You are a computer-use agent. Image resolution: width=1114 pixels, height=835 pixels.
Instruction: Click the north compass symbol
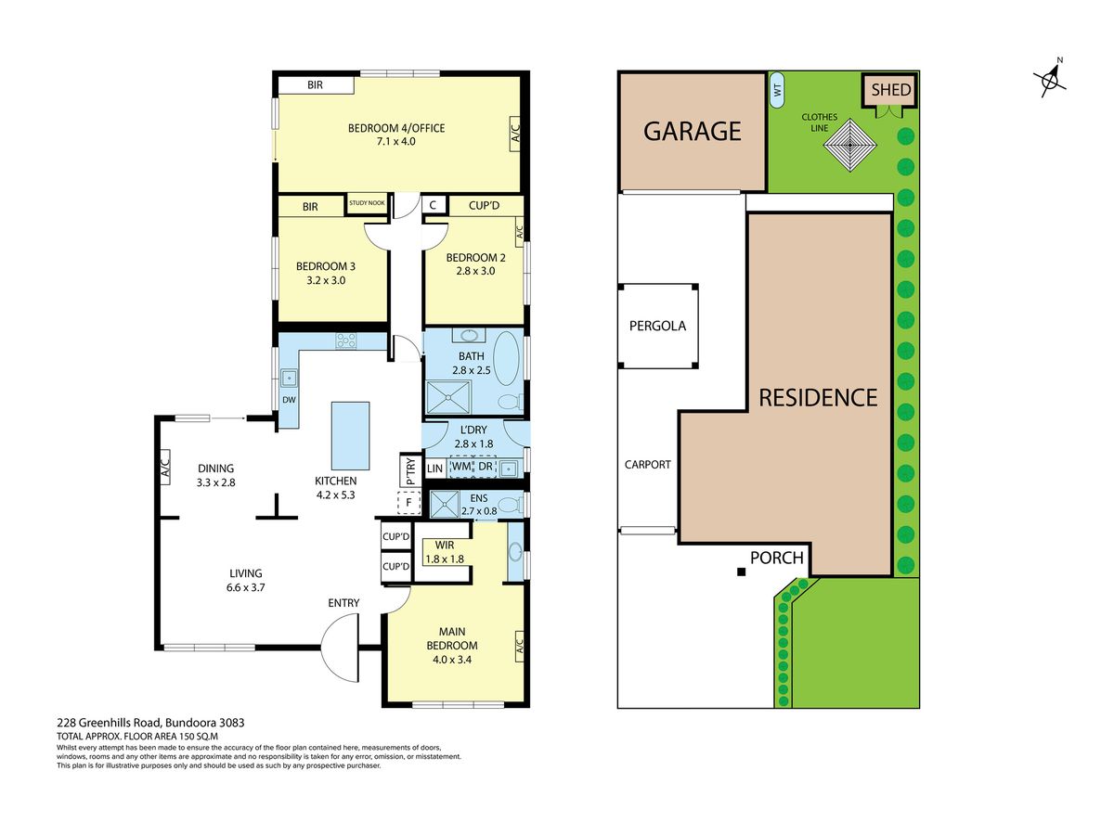tap(1050, 80)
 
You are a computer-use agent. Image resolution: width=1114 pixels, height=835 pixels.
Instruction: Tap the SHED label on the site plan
tap(890, 90)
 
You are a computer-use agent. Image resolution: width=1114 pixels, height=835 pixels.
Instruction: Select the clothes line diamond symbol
tap(850, 145)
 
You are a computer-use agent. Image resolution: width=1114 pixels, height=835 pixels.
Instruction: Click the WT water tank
tap(776, 90)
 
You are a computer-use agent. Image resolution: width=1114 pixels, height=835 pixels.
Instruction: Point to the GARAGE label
tap(693, 132)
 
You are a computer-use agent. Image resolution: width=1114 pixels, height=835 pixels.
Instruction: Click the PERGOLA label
tap(657, 326)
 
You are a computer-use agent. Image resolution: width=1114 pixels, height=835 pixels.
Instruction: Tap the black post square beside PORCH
tap(742, 572)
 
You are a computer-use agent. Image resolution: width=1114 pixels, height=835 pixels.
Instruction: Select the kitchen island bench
tap(350, 436)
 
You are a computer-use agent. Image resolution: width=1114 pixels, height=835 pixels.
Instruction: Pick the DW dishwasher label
tap(289, 400)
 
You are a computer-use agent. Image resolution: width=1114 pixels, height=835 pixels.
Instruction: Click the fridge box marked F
tap(409, 504)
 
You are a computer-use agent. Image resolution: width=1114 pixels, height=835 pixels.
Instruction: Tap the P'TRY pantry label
tap(410, 471)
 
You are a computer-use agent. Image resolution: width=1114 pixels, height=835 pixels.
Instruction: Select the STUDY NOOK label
tap(367, 203)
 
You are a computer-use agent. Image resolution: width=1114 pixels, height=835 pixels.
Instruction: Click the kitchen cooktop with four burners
tap(345, 340)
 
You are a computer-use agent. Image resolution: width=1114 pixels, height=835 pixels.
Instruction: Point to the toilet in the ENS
tap(509, 505)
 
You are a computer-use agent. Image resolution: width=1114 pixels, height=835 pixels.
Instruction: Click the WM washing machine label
tap(460, 466)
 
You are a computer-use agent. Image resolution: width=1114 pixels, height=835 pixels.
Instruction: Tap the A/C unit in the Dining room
tap(165, 467)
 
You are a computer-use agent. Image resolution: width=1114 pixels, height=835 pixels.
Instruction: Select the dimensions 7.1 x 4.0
tap(395, 141)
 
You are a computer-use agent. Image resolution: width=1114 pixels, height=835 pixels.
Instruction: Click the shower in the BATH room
tap(448, 397)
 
